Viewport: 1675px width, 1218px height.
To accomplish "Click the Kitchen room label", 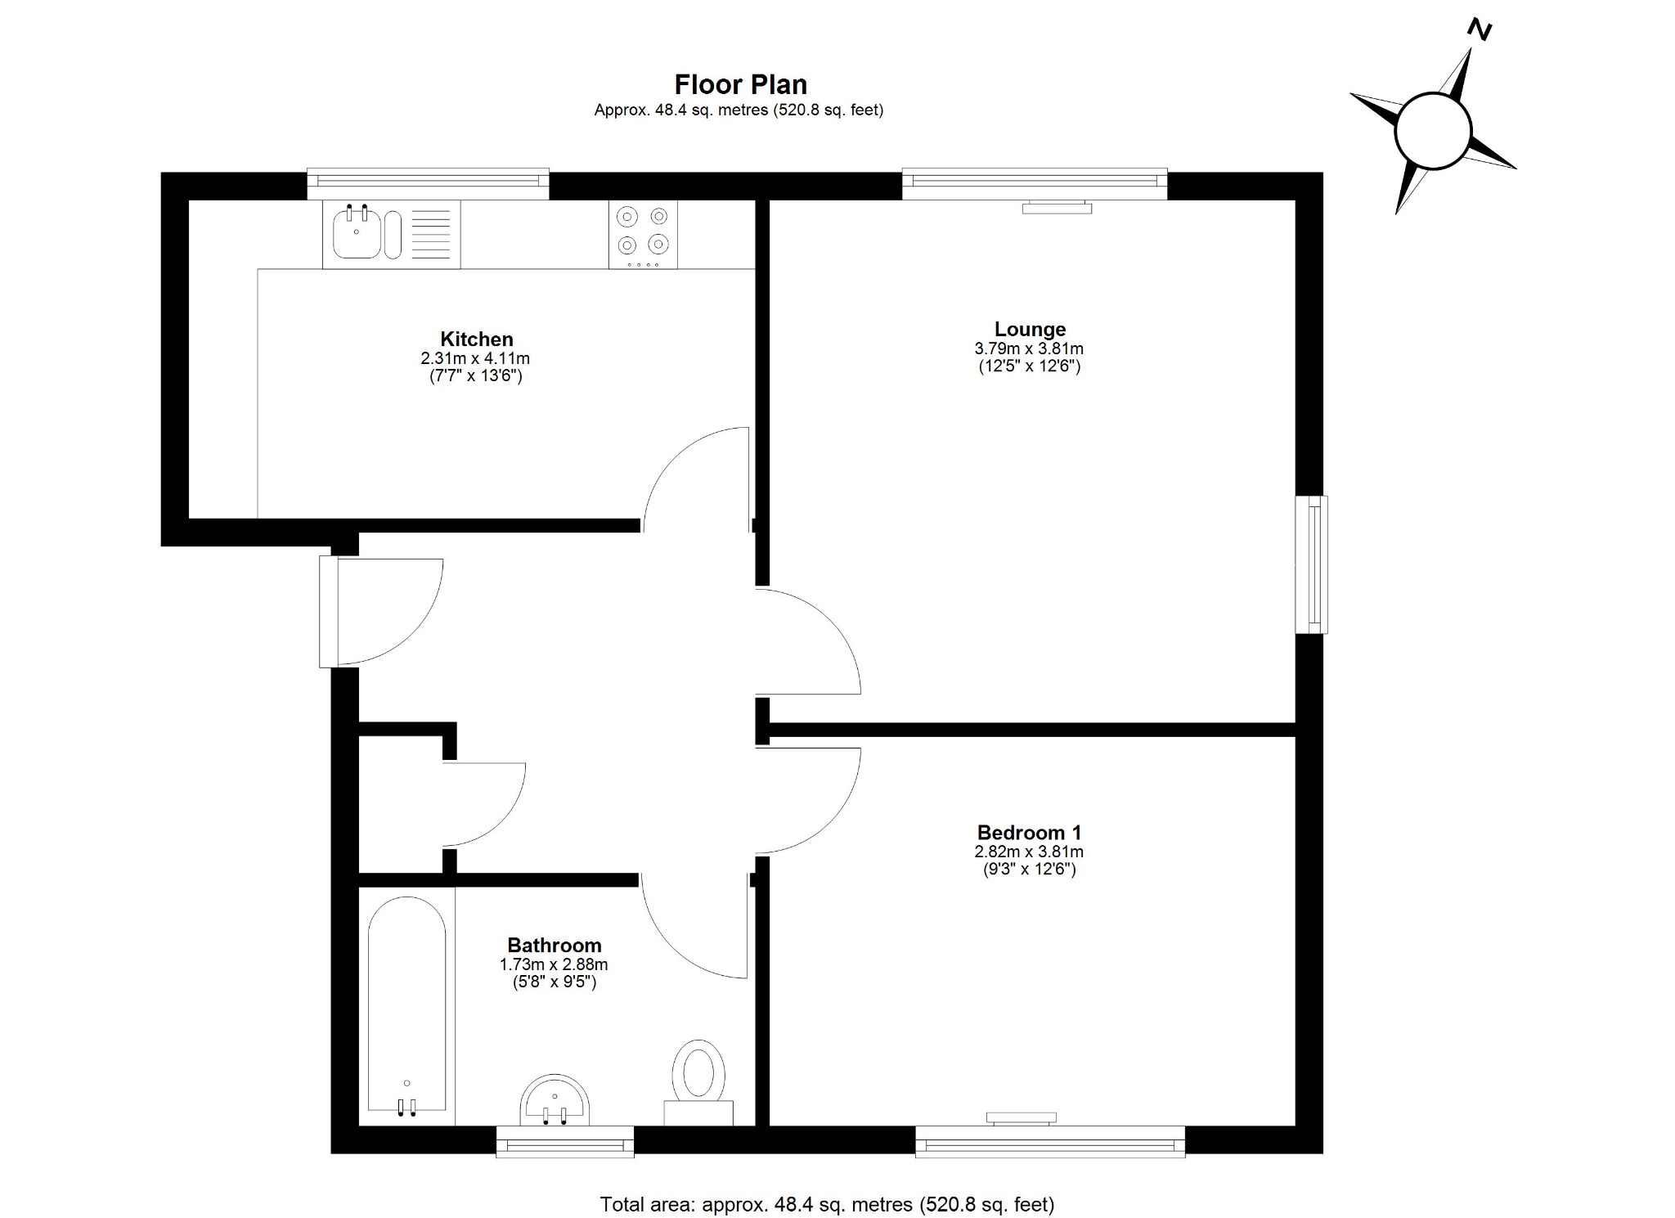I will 476,339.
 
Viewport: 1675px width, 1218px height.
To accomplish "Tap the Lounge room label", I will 1030,330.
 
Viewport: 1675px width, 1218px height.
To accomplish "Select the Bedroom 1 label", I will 1029,833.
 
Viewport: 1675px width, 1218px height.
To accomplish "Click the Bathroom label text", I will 554,946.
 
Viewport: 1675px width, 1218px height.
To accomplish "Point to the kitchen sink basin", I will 357,234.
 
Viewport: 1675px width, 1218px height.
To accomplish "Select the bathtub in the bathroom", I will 406,1006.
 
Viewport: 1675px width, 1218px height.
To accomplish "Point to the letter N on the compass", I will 1480,30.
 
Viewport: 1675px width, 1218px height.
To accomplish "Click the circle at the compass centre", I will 1433,132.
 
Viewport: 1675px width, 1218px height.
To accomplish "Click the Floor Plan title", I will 740,84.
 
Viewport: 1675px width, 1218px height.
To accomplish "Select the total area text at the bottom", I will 827,1204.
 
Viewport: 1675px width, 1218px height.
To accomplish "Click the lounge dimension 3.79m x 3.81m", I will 1029,348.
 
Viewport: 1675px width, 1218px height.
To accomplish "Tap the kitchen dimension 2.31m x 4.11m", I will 475,358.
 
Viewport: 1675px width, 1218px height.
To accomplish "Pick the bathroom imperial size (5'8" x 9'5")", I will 554,982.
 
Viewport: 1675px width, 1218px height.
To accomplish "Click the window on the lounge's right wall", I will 1311,564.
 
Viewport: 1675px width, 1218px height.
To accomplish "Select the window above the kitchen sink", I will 428,183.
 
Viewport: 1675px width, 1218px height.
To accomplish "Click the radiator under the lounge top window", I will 1057,209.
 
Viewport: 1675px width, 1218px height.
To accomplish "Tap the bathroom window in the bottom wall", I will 565,1142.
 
